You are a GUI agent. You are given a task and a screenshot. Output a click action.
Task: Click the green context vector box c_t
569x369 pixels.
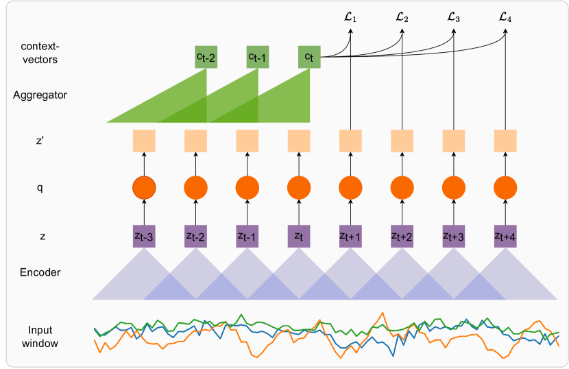[x=309, y=57]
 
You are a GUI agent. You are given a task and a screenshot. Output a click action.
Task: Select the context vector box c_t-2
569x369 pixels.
[x=206, y=57]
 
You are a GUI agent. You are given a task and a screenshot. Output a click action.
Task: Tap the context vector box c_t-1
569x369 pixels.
[x=257, y=57]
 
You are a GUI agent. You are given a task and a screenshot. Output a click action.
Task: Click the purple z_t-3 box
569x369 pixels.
[x=144, y=236]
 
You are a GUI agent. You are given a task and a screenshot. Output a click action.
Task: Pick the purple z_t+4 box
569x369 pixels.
[x=505, y=236]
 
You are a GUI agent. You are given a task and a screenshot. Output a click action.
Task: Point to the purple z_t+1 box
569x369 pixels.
[x=350, y=236]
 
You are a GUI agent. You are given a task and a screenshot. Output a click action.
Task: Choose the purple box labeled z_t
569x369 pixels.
[x=298, y=236]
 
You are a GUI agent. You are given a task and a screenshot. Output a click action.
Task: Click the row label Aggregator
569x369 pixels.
[x=40, y=95]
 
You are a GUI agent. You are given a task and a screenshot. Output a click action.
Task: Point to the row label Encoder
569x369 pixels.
[x=40, y=272]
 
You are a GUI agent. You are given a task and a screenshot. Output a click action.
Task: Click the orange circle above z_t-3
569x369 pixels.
[x=144, y=187]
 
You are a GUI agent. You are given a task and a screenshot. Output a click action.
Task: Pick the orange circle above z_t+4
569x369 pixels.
[x=505, y=187]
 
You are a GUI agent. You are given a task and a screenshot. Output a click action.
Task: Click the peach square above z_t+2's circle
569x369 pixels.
[x=402, y=141]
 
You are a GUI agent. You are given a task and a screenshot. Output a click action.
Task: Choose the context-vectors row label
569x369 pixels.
[x=40, y=53]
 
